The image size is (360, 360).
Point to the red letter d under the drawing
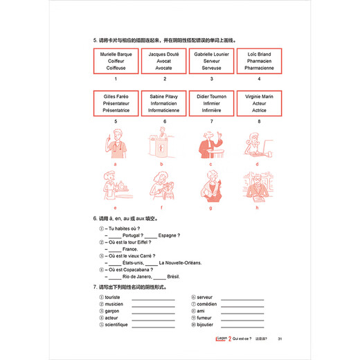point(257,165)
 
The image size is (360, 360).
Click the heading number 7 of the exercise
point(93,286)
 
